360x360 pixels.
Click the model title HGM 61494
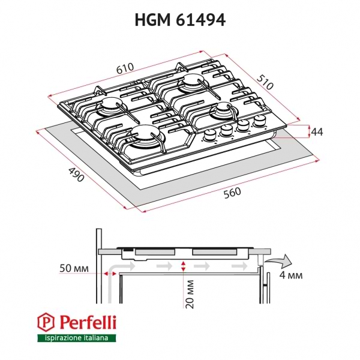click(179, 20)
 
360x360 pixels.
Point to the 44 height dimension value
click(317, 132)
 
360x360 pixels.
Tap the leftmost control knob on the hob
click(211, 134)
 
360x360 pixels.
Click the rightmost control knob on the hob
click(260, 122)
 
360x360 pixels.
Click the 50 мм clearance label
click(75, 269)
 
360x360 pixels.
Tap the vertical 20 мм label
click(190, 293)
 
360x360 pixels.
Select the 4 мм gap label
click(291, 275)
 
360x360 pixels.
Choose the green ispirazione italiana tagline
click(73, 339)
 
